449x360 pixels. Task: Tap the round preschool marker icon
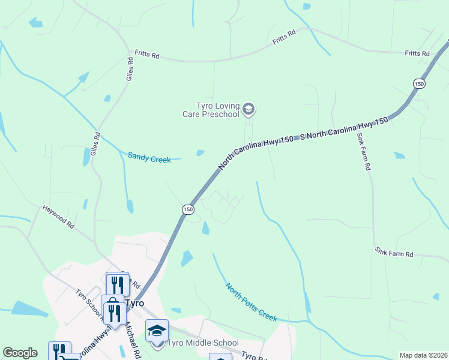[x=249, y=109]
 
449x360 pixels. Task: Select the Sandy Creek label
[x=149, y=157]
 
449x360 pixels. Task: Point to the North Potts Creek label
[x=251, y=301]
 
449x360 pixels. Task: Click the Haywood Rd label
[x=58, y=217]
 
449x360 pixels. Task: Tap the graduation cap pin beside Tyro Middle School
[x=157, y=331]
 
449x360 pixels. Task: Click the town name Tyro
[x=135, y=303]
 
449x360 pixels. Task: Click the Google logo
[x=20, y=353]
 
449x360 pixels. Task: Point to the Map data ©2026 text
[x=423, y=355]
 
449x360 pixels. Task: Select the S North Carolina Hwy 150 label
[x=345, y=129]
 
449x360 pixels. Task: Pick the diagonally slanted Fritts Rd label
[x=285, y=37]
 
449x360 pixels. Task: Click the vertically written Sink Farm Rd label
[x=362, y=152]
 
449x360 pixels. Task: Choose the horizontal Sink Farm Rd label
[x=394, y=253]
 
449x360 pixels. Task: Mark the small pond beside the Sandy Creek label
[x=200, y=153]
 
